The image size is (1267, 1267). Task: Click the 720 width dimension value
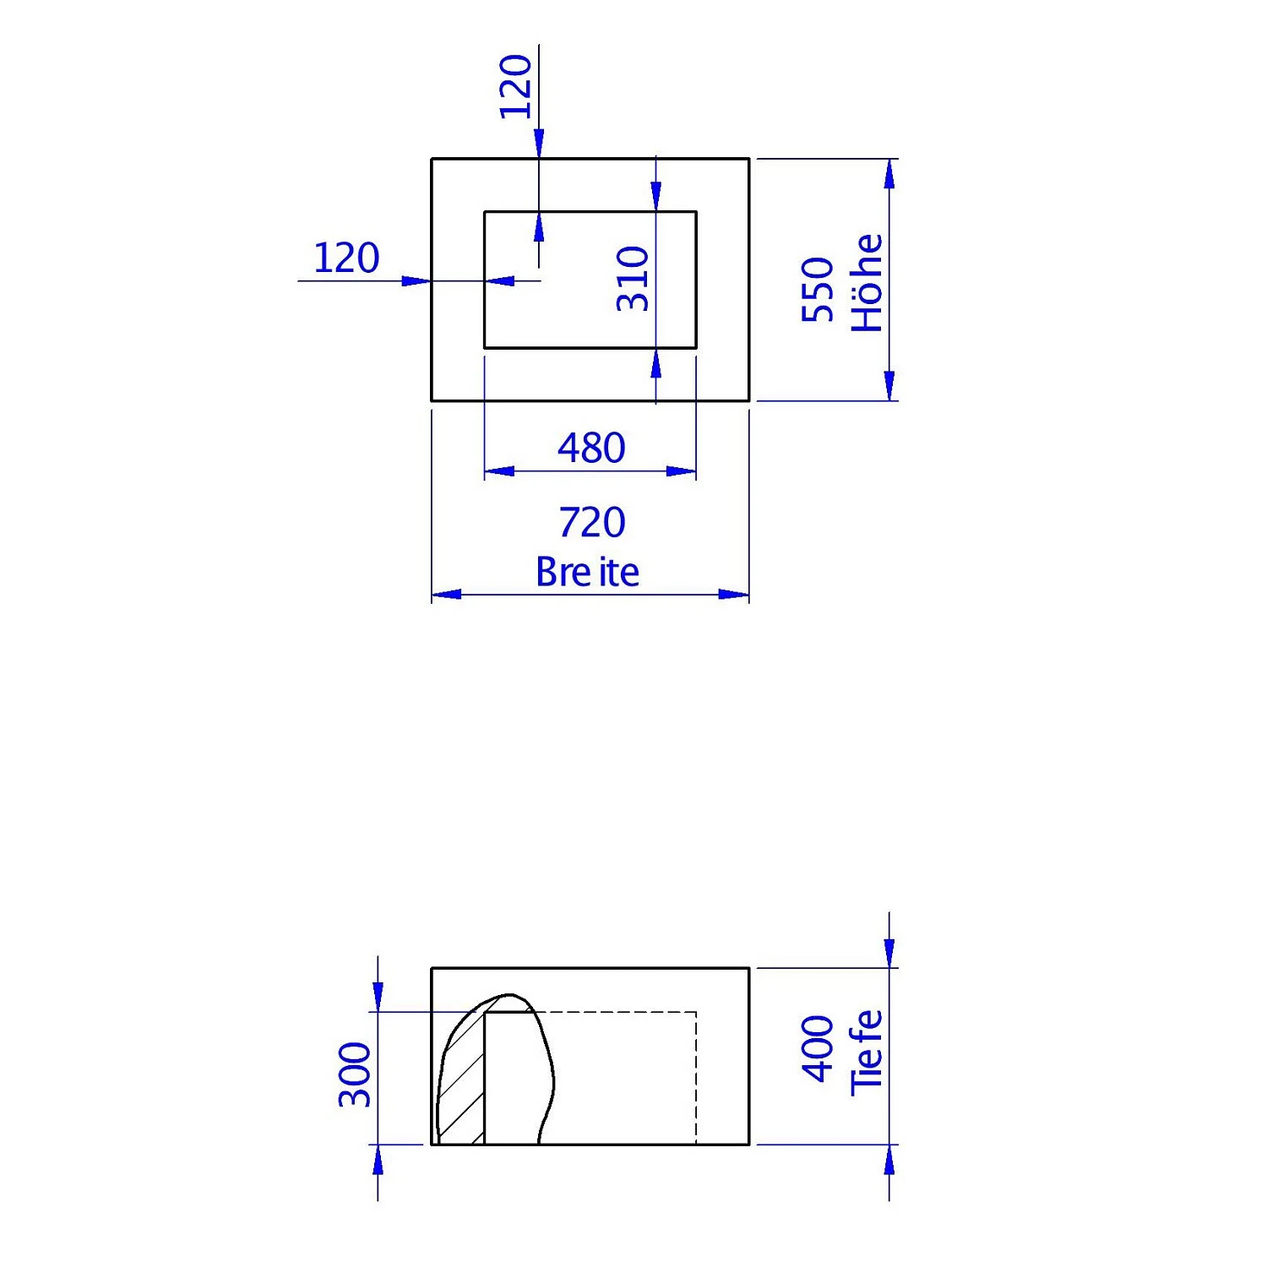pos(591,523)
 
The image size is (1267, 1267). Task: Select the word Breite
pos(587,573)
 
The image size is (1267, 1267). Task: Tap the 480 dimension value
pos(591,448)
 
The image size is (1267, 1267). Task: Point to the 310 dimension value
pos(633,279)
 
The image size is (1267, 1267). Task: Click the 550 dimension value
pos(818,290)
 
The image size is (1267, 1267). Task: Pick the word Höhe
pos(867,283)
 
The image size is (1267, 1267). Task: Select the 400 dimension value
pos(818,1048)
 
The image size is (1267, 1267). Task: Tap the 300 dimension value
pos(356,1074)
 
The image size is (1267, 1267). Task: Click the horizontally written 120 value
pos(346,258)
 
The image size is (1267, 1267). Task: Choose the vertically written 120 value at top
pos(516,86)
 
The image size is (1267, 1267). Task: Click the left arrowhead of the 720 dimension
pos(446,595)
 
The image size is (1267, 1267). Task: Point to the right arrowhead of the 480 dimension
pos(681,471)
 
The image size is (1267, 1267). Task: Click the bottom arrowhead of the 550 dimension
pos(889,385)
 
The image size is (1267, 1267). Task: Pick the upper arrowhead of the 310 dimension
pos(656,195)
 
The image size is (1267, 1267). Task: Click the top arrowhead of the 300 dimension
pos(378,997)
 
